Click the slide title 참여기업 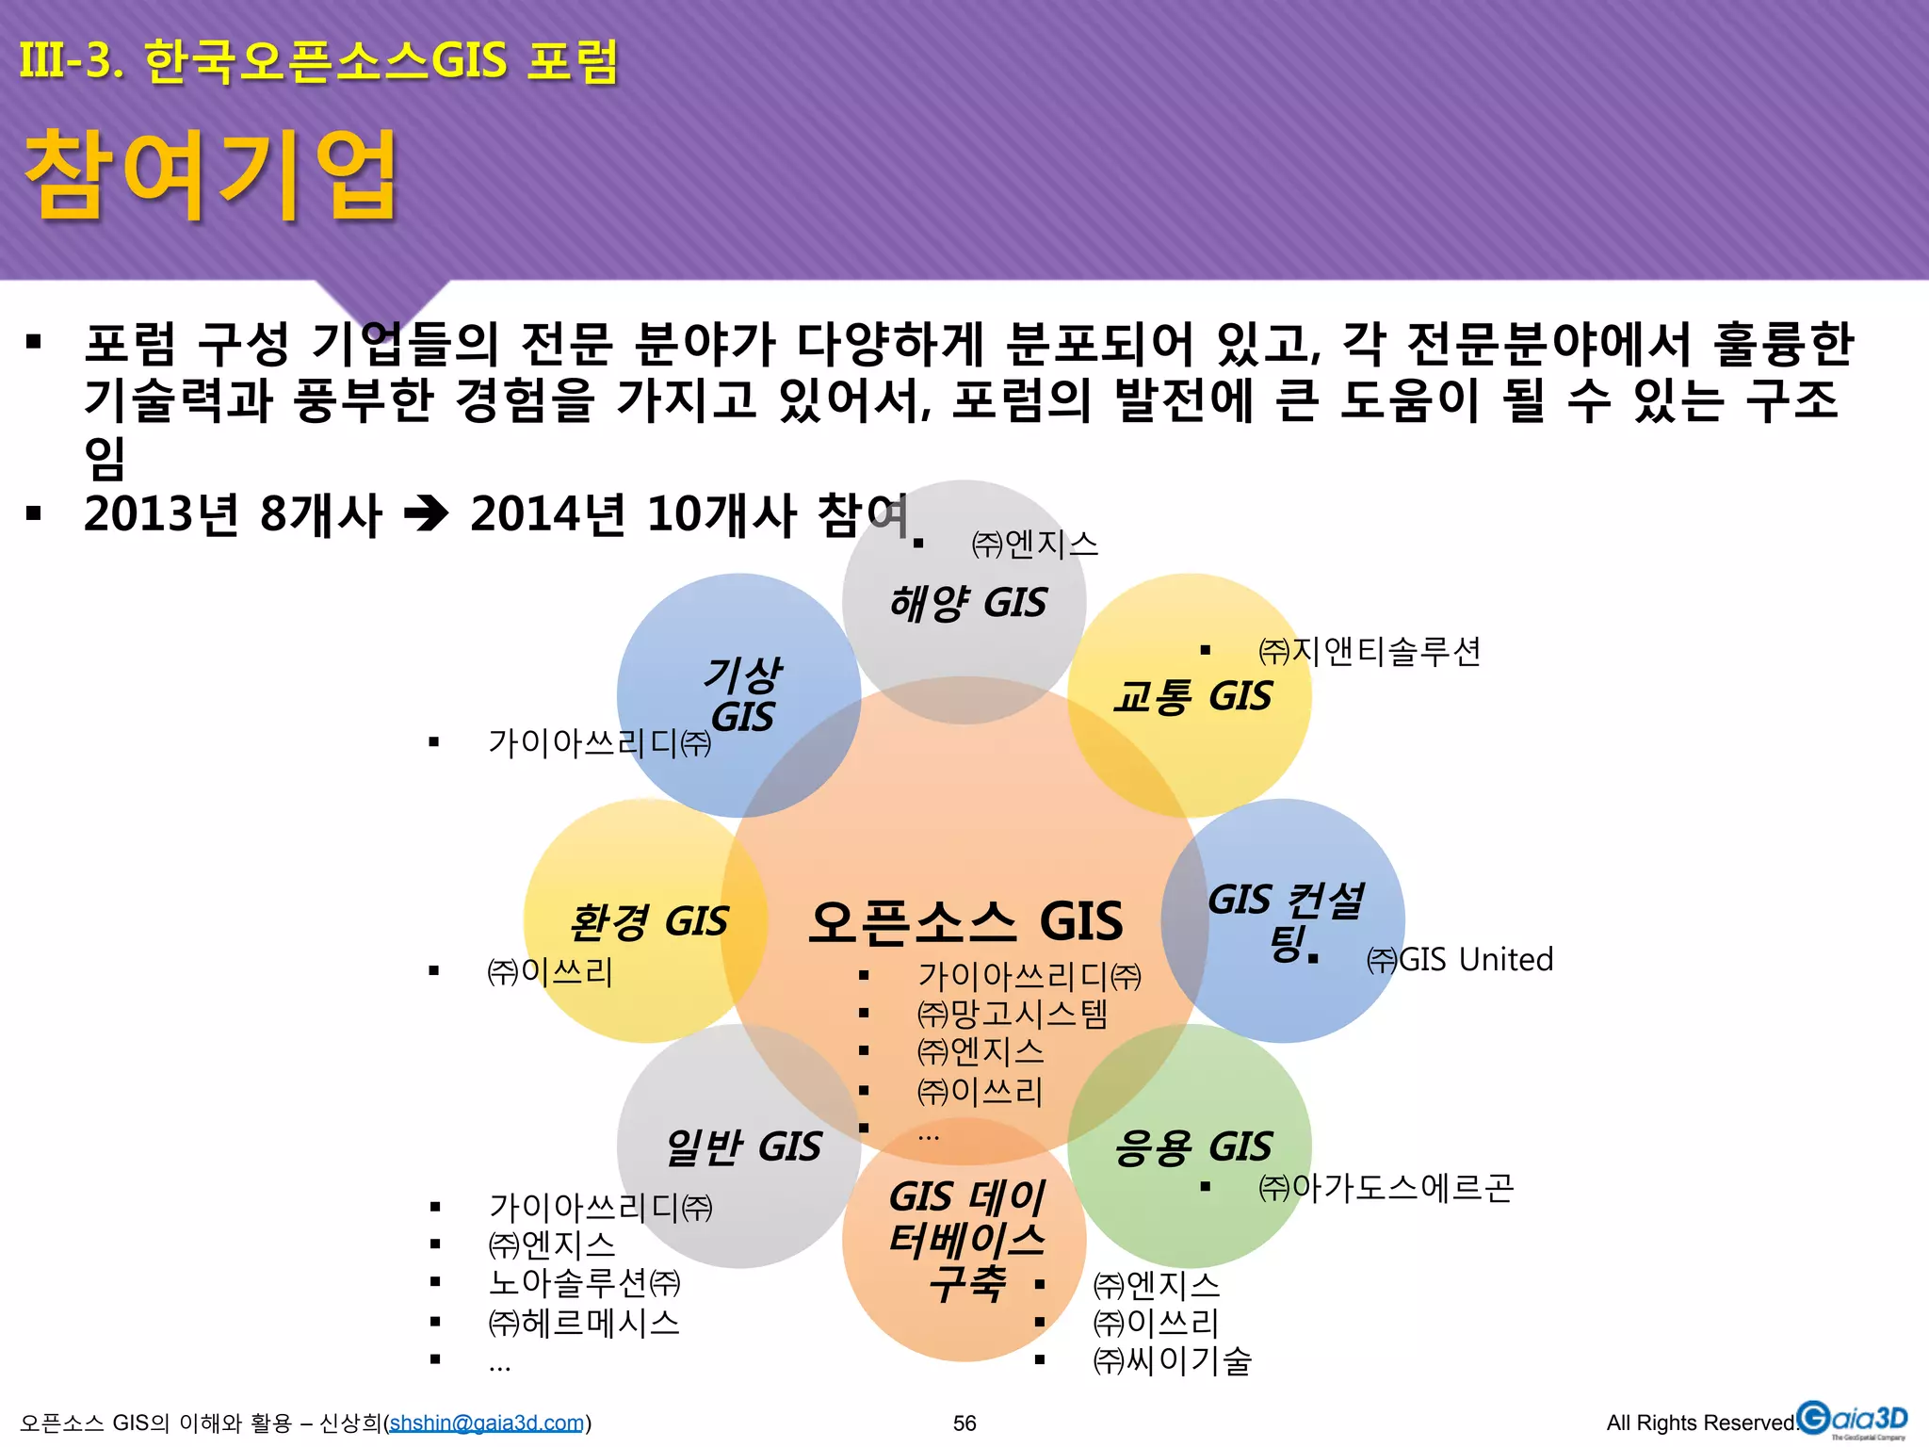point(211,176)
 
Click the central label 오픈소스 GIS point(965,921)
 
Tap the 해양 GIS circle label point(967,603)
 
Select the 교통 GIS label point(1191,697)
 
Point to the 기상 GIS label point(742,695)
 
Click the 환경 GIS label point(649,921)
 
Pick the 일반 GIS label point(743,1147)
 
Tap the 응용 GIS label point(1192,1147)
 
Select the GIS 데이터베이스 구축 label point(966,1240)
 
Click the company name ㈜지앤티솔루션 point(1370,651)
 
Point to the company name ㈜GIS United point(1459,960)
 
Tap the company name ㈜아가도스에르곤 point(1386,1188)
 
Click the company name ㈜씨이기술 point(1172,1360)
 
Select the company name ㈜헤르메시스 point(584,1324)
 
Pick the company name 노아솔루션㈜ point(584,1283)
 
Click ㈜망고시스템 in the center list point(1013,1014)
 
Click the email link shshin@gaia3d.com point(487,1423)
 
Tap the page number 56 point(964,1423)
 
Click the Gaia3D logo point(1852,1420)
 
